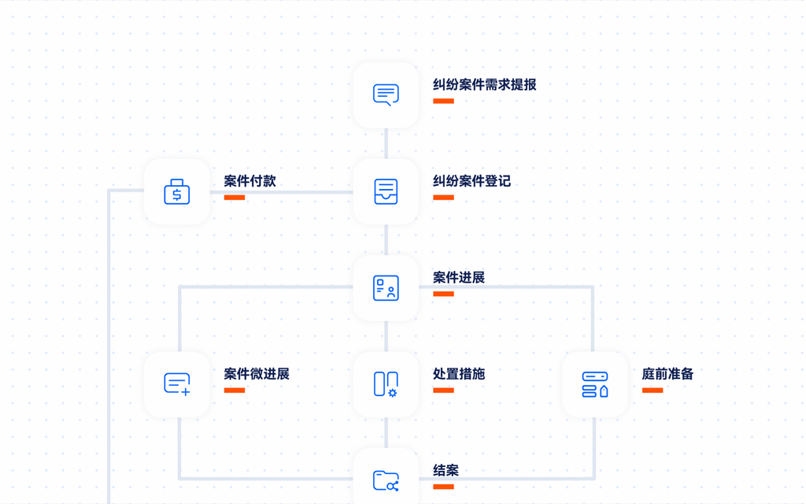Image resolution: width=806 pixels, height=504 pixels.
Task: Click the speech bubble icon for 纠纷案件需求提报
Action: [x=386, y=95]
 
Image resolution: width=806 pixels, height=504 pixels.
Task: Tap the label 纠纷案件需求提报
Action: [x=484, y=85]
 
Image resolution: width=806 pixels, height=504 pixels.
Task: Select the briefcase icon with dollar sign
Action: [x=177, y=192]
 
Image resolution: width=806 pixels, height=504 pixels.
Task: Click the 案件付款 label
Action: [x=250, y=181]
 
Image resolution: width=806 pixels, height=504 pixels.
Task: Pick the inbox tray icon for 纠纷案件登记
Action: [x=386, y=192]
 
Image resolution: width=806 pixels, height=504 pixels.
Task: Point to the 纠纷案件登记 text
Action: [x=471, y=181]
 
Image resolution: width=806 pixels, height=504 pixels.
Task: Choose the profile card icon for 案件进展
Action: [x=386, y=288]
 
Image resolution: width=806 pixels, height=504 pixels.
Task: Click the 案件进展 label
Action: [x=459, y=278]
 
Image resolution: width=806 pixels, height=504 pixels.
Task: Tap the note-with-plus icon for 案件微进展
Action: [x=177, y=384]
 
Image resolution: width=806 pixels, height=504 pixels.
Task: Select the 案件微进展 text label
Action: [x=257, y=374]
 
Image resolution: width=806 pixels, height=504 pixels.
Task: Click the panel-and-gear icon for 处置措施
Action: [x=386, y=384]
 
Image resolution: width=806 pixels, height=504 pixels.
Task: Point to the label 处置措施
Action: [x=459, y=374]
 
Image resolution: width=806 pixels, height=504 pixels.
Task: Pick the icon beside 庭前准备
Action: [x=595, y=384]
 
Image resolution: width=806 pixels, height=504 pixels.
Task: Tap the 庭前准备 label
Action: [x=667, y=374]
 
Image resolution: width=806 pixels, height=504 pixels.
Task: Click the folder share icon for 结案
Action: [x=386, y=481]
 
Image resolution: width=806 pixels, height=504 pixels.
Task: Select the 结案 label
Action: [x=446, y=471]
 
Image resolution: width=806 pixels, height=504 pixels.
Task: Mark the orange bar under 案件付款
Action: [x=235, y=198]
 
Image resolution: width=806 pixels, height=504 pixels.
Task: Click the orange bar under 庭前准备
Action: [x=653, y=391]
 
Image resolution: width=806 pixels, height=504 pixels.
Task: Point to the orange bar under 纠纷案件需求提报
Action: [x=443, y=101]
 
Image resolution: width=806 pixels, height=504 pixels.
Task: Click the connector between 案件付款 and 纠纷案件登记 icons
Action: [x=282, y=192]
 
